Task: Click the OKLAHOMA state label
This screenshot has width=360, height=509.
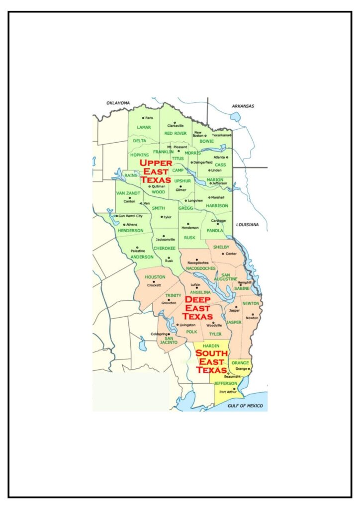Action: (x=118, y=103)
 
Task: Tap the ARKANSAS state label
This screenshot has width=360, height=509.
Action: (x=243, y=106)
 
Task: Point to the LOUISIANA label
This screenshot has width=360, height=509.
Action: (x=247, y=225)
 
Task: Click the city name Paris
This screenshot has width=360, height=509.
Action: (x=150, y=118)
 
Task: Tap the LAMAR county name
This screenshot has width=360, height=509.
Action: (x=144, y=127)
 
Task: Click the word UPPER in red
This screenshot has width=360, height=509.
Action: (x=156, y=163)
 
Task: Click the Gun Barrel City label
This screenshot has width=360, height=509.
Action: (x=131, y=216)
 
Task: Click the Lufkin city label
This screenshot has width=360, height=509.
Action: (x=195, y=285)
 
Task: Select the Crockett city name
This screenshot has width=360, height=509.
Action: (x=154, y=285)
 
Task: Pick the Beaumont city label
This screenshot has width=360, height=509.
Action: (x=233, y=377)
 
